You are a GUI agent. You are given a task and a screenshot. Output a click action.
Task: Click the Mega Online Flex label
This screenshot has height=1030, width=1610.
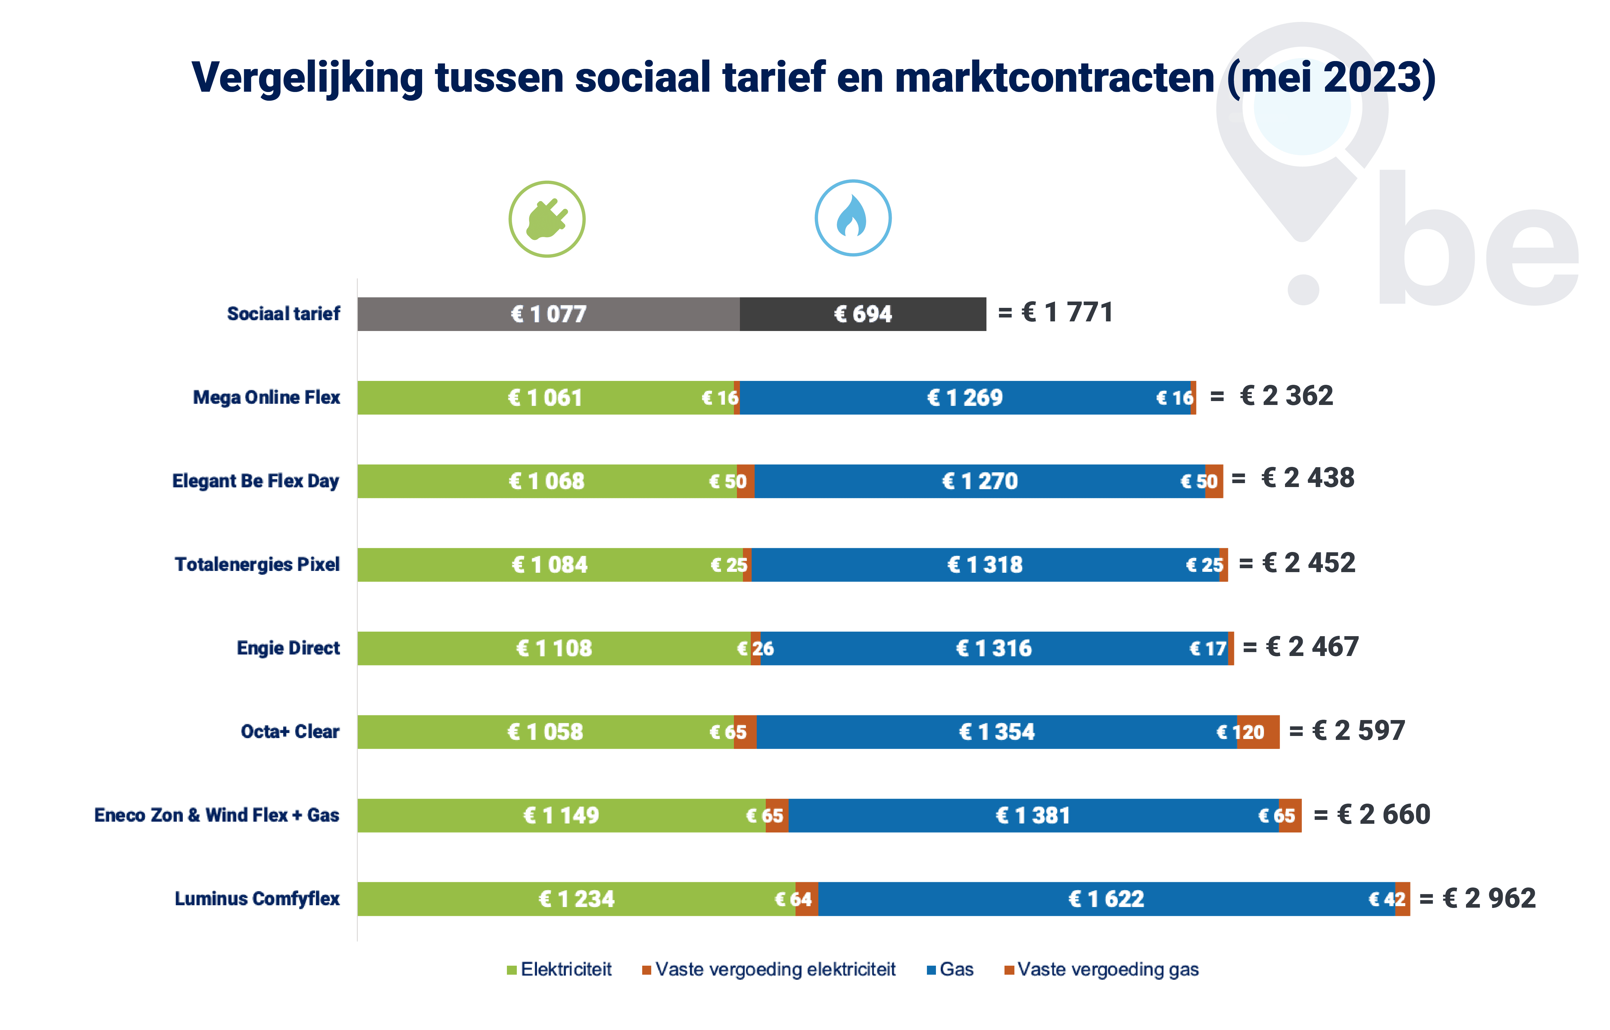[x=266, y=397]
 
